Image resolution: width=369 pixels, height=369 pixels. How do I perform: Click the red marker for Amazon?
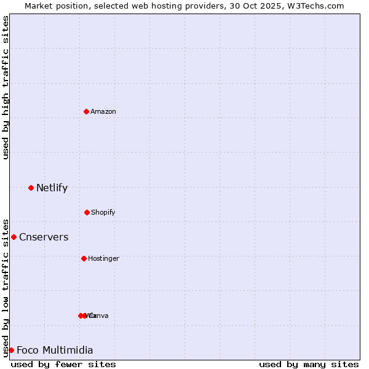[x=86, y=111]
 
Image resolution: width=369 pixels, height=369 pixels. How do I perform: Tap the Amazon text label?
[x=103, y=111]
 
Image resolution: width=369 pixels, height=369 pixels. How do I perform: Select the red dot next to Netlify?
[x=31, y=188]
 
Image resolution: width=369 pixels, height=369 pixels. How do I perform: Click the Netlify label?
[x=52, y=188]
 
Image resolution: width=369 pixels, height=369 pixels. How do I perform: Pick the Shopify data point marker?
[x=87, y=212]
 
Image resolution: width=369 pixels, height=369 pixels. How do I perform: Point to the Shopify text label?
[x=103, y=212]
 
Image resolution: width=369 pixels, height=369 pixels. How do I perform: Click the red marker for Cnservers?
[x=14, y=237]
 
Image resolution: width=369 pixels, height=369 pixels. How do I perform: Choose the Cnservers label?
[x=44, y=237]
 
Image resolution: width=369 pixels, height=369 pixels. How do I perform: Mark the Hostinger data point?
[x=84, y=258]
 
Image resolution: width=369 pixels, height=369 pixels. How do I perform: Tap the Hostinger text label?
[x=103, y=258]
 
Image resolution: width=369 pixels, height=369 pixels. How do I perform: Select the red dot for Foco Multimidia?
[x=11, y=350]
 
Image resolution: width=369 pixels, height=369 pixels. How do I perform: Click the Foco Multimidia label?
[x=55, y=350]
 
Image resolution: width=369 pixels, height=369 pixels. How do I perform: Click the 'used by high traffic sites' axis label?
[x=6, y=87]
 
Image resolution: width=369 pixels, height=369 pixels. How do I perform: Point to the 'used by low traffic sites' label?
[x=6, y=287]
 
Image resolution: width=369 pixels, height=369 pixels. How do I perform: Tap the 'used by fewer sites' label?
[x=63, y=364]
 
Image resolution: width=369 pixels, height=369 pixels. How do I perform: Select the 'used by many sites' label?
[x=309, y=364]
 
